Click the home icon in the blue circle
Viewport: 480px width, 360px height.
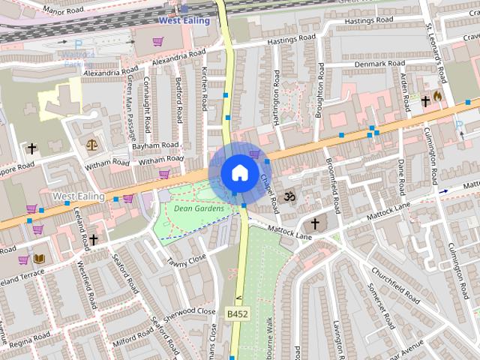239,173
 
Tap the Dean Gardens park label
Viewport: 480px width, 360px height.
198,208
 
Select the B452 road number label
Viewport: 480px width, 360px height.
237,312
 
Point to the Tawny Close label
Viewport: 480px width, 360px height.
186,261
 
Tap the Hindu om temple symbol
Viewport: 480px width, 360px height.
291,197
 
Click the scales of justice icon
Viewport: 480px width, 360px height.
92,143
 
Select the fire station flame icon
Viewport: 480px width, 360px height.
438,97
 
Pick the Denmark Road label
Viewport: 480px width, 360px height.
379,64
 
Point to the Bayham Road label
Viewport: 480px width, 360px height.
155,145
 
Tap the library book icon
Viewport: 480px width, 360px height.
39,259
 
